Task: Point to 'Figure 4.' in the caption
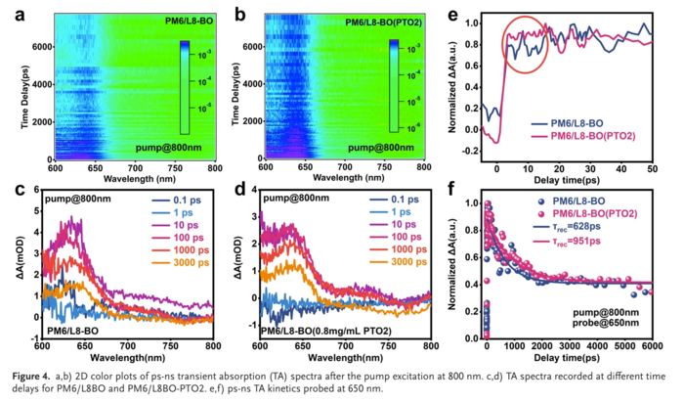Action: (35, 375)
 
